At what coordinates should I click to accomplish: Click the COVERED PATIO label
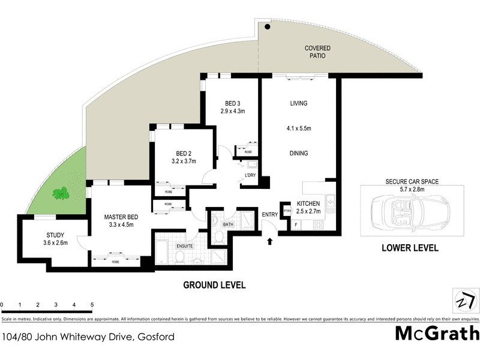click(x=317, y=52)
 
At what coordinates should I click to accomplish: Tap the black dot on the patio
click(x=268, y=26)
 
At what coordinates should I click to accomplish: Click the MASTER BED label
click(x=118, y=217)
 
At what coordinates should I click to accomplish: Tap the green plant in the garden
click(x=60, y=193)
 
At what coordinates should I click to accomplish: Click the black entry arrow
click(x=269, y=241)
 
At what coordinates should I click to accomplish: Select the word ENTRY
click(x=269, y=215)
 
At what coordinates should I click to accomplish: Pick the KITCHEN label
click(x=308, y=203)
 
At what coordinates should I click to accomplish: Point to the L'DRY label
click(x=250, y=175)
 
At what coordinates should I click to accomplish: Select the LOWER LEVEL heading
click(x=410, y=247)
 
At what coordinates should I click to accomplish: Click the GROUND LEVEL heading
click(x=214, y=285)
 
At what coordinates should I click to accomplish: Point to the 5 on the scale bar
click(x=92, y=305)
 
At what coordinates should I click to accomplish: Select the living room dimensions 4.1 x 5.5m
click(x=298, y=128)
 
